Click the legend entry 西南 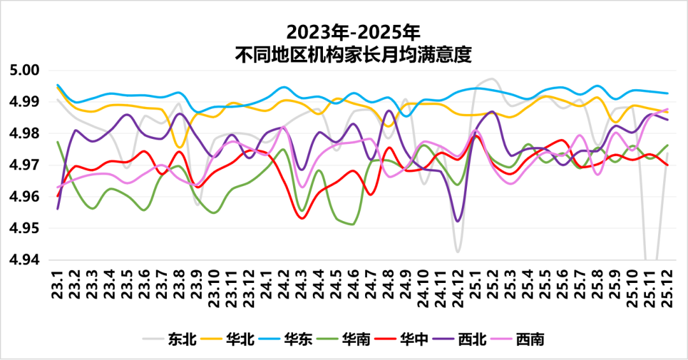click(530, 339)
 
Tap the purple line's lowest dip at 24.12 click(458, 221)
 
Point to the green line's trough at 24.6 click(352, 224)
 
